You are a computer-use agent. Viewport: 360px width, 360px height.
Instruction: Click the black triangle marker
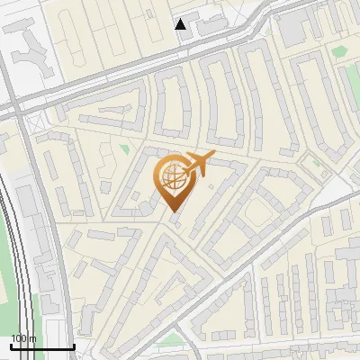point(181,24)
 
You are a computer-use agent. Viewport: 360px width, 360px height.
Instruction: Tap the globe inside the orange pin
point(172,177)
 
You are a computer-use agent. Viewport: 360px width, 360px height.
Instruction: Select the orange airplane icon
point(196,166)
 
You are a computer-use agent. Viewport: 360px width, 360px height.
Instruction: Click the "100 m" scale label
point(23,338)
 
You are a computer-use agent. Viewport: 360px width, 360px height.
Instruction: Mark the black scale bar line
point(42,346)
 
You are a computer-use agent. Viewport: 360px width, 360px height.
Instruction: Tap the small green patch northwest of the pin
point(125,148)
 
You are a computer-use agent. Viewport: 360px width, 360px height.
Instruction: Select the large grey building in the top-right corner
point(295,27)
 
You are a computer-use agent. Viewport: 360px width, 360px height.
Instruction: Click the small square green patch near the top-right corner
point(339,51)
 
